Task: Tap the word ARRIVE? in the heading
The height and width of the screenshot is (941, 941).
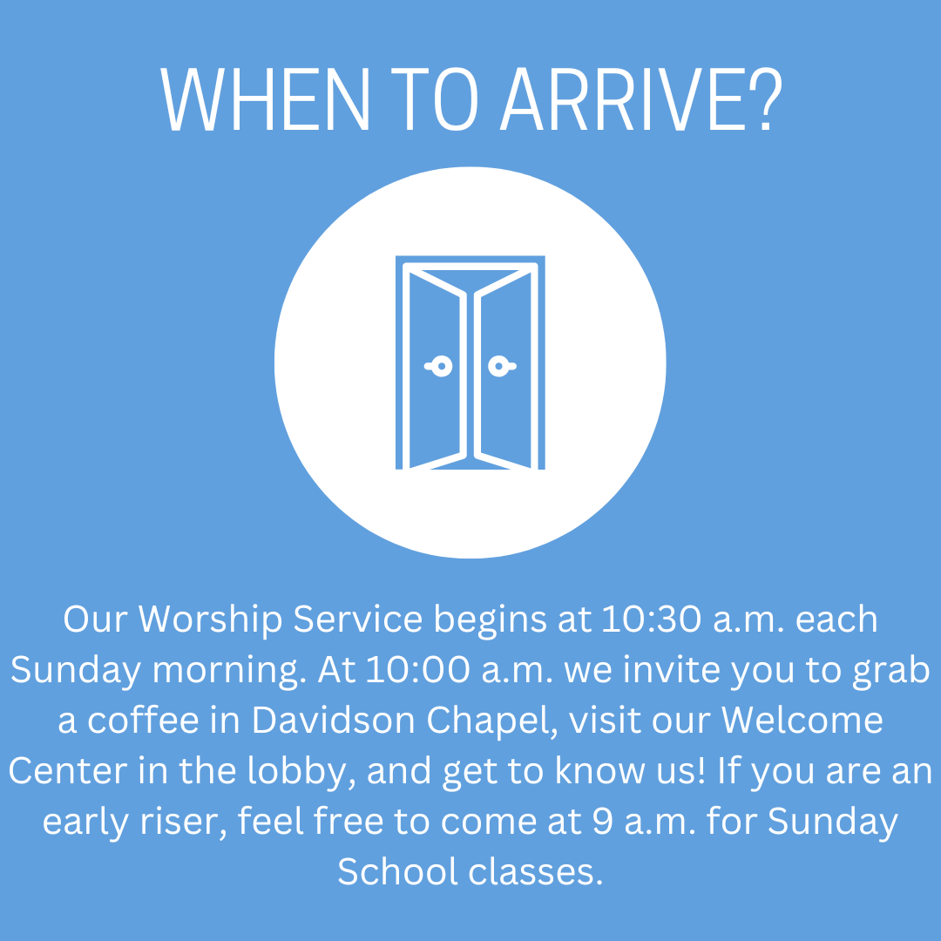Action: tap(641, 98)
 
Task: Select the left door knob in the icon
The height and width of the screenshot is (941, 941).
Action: tap(439, 366)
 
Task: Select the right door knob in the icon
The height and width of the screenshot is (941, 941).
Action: tap(502, 366)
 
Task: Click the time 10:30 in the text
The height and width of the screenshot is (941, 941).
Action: tap(651, 619)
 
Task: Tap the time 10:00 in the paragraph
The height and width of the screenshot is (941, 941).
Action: tap(417, 670)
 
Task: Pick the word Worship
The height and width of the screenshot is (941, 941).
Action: tap(210, 620)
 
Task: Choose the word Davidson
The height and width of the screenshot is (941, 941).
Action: tap(333, 721)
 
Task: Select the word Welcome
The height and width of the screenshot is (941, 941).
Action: tap(802, 721)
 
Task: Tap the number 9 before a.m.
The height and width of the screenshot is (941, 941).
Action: tap(603, 822)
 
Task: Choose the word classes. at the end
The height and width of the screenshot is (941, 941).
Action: tap(535, 872)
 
